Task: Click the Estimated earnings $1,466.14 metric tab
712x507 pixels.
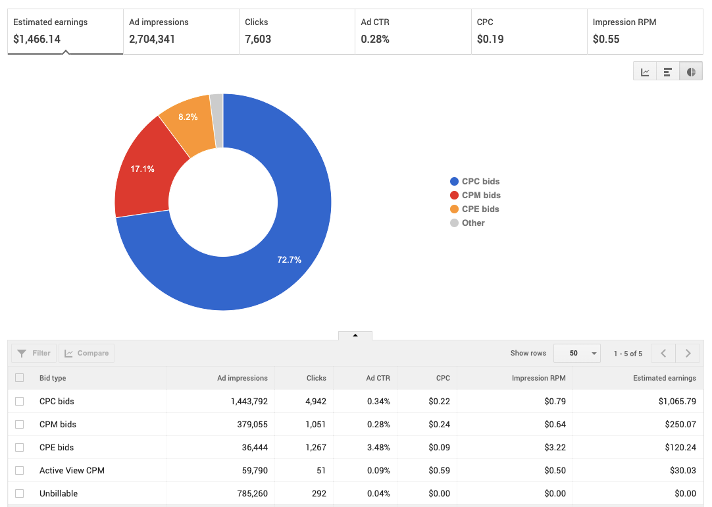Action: coord(65,31)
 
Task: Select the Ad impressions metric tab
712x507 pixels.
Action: coord(180,31)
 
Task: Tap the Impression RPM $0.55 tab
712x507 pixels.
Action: coord(644,31)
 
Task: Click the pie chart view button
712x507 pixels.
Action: coord(691,72)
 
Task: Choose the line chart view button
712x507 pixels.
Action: coord(645,72)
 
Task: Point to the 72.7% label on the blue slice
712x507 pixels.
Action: coord(289,260)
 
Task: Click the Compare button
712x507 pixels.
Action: coord(86,354)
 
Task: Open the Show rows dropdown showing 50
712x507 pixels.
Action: coord(577,354)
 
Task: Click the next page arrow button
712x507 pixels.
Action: coord(688,354)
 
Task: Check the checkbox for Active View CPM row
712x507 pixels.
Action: coord(19,470)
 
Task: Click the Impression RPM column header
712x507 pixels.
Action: coord(539,379)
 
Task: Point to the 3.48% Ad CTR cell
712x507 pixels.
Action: coord(378,447)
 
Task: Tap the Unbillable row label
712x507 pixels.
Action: coord(59,493)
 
